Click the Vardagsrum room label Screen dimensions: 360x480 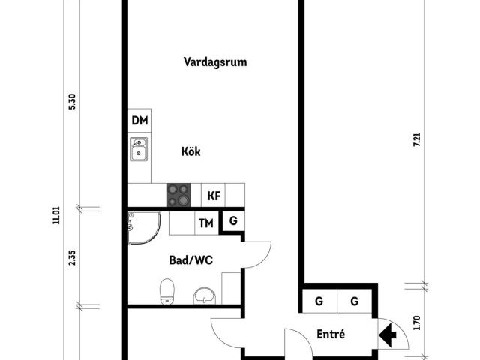point(215,62)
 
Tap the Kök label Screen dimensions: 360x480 point(191,151)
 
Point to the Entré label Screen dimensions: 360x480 point(331,334)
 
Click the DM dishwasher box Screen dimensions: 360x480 point(139,121)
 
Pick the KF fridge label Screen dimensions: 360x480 point(214,196)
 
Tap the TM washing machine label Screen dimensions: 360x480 point(205,223)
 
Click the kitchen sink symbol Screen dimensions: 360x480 point(139,151)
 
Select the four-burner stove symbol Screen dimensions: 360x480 point(178,196)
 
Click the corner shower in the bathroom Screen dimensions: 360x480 point(142,227)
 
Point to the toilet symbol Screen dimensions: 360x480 point(168,291)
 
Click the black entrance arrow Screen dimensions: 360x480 point(390,335)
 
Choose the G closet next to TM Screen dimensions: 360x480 point(233,221)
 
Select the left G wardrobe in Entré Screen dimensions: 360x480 point(318,301)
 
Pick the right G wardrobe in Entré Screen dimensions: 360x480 point(353,301)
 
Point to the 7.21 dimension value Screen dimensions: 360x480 point(417,139)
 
